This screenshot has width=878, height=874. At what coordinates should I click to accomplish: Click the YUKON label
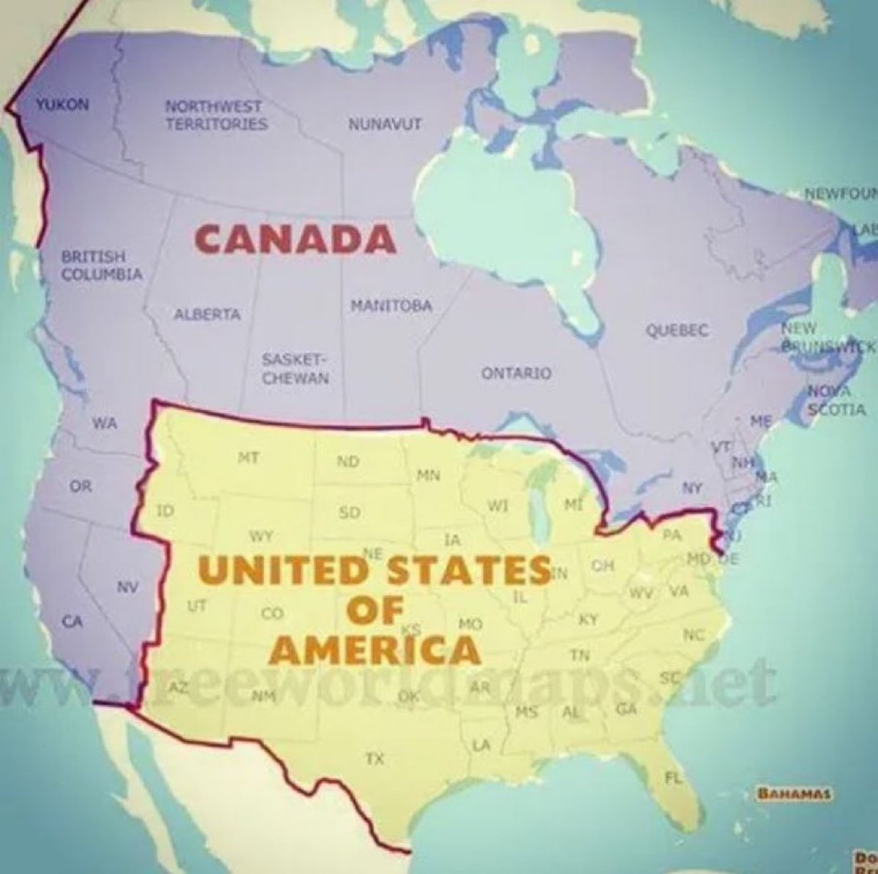[x=63, y=105]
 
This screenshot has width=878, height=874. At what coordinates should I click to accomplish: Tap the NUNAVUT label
[x=385, y=123]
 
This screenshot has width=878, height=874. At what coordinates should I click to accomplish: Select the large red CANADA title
[x=296, y=238]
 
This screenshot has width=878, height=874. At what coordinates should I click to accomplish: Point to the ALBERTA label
[x=207, y=314]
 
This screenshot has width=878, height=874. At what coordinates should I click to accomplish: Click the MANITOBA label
[x=391, y=305]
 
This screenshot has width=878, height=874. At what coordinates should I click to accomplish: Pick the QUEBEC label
[x=677, y=331]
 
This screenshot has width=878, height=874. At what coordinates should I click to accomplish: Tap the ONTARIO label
[x=516, y=374]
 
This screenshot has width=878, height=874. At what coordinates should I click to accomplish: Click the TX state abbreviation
[x=375, y=760]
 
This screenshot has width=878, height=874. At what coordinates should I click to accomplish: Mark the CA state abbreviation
[x=71, y=622]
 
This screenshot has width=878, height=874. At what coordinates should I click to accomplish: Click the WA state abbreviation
[x=103, y=423]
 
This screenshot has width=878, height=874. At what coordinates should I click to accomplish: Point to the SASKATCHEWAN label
[x=296, y=369]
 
